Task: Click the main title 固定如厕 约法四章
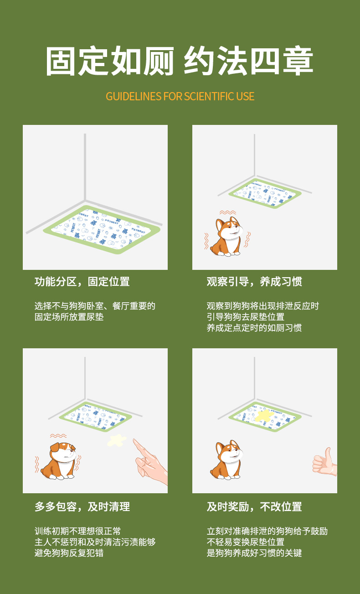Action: click(x=180, y=61)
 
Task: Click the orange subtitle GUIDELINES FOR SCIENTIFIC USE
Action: click(x=180, y=96)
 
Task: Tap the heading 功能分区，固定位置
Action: click(x=82, y=282)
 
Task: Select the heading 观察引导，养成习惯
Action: click(x=254, y=282)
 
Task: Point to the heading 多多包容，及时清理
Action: click(x=82, y=507)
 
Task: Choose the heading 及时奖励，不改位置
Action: click(x=254, y=507)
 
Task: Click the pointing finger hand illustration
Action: click(x=150, y=461)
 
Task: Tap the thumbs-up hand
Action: click(x=325, y=462)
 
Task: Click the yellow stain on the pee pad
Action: click(x=264, y=416)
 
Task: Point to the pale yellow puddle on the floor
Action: click(x=117, y=440)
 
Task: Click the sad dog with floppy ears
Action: click(x=59, y=461)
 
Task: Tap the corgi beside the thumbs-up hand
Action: click(x=226, y=460)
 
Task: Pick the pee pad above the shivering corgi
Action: click(x=265, y=193)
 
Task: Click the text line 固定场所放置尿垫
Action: click(x=69, y=317)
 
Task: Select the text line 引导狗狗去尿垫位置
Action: click(x=246, y=317)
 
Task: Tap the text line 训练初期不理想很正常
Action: click(x=77, y=531)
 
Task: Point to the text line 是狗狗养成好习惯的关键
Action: click(x=254, y=553)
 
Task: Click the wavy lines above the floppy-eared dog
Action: click(x=58, y=436)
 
